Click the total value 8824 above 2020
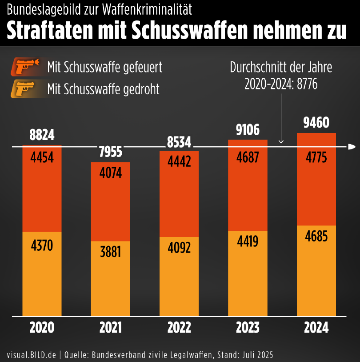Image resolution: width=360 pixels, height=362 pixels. click(42, 135)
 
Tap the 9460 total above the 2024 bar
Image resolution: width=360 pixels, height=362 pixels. click(316, 122)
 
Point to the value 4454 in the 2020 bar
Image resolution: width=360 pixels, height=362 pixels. click(42, 157)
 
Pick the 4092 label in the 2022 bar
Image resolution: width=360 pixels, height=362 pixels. click(179, 247)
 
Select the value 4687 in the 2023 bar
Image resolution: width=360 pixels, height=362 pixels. click(248, 158)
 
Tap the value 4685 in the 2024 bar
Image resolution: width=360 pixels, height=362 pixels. click(316, 236)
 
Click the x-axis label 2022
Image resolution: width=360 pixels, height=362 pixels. click(179, 328)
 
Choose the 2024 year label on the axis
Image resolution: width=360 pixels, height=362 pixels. click(316, 328)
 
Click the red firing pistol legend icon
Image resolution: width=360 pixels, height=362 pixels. click(26, 67)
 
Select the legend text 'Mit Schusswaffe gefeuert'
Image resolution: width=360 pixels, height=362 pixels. click(104, 67)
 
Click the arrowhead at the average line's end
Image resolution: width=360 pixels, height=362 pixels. click(352, 147)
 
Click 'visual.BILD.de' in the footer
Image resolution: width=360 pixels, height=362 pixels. click(32, 354)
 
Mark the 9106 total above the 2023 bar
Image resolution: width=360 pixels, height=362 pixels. click(248, 129)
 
